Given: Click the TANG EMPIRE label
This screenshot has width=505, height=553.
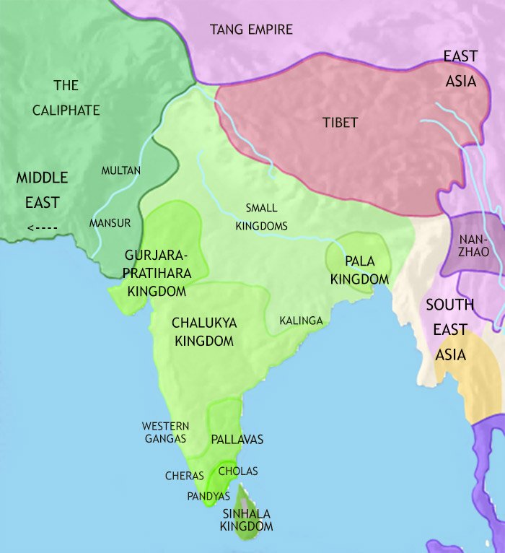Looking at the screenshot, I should (251, 30).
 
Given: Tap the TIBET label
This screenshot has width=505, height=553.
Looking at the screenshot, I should (340, 123).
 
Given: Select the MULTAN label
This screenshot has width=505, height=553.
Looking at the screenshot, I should (121, 170).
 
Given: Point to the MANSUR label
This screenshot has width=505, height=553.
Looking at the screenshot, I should (110, 223).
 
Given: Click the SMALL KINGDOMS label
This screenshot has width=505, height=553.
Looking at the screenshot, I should (261, 217).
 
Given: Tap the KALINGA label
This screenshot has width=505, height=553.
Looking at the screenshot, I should (302, 320).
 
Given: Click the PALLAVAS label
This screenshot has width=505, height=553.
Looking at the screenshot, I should (237, 439).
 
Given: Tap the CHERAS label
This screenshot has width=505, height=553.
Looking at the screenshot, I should (185, 476).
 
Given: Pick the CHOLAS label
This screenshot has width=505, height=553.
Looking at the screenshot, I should (237, 471).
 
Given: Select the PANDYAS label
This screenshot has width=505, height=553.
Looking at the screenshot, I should (208, 497).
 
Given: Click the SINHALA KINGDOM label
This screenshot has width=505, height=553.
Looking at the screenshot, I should (247, 520).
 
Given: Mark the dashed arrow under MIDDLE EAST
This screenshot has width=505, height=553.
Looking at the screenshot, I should (42, 229).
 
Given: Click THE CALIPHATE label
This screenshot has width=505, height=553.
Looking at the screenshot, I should (66, 98).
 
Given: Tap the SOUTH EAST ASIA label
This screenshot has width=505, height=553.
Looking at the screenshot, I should (450, 330).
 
